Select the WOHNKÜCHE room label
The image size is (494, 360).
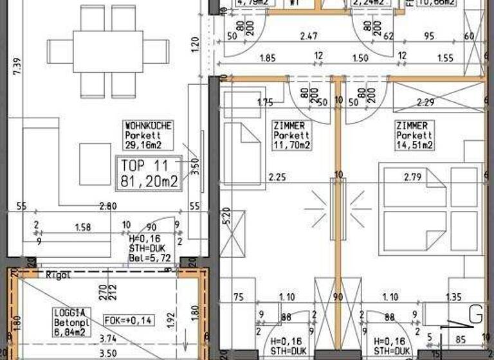click(x=149, y=126)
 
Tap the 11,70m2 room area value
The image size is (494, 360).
click(x=291, y=145)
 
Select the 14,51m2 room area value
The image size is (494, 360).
click(x=414, y=145)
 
